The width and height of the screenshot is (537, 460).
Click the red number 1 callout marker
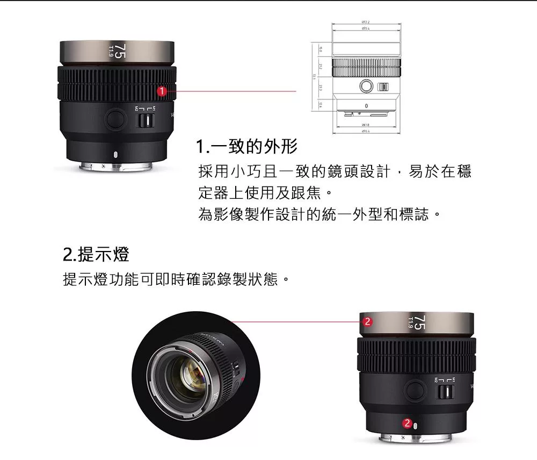[x=160, y=92]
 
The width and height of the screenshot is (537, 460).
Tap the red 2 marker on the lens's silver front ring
[x=367, y=322]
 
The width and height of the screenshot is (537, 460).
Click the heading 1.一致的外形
[x=247, y=146]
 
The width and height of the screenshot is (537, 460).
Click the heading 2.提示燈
[x=96, y=254]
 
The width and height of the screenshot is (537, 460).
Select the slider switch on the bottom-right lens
[x=444, y=391]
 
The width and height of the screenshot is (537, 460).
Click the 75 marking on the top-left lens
[x=120, y=52]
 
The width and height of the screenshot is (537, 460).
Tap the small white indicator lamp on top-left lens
[x=115, y=155]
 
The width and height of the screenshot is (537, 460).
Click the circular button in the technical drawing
[x=366, y=86]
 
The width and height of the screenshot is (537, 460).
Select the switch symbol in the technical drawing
[x=383, y=87]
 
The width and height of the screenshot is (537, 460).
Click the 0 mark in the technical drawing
[x=366, y=106]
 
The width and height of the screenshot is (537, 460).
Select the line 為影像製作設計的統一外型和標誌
[x=320, y=215]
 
